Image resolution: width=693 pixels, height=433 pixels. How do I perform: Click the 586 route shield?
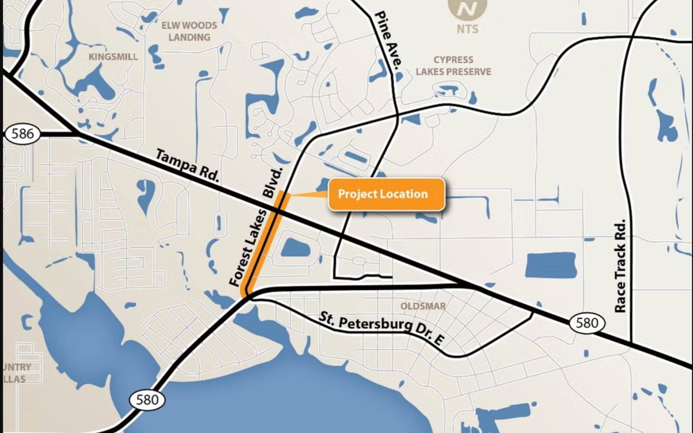22,134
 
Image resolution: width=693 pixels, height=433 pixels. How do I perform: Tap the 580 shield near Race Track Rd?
587,323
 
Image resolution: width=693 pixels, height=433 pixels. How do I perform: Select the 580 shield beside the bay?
147,400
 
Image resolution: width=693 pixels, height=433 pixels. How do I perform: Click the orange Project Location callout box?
386,194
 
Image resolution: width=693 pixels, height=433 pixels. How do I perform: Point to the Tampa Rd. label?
187,165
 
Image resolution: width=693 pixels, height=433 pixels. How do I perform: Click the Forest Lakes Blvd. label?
256,227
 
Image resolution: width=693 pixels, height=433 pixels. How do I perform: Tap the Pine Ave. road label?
388,40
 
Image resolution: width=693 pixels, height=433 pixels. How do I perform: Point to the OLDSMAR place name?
423,306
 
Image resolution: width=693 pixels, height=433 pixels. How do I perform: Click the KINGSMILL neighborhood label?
113,57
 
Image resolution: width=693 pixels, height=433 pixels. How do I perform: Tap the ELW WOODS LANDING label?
189,31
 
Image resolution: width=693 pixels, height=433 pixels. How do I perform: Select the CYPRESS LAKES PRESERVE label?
453,65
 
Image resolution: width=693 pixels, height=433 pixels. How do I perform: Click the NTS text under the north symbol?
467,29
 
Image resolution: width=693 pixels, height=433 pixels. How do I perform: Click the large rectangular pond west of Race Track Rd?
551,265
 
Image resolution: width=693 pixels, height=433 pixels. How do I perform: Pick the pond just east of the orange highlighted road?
296,248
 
